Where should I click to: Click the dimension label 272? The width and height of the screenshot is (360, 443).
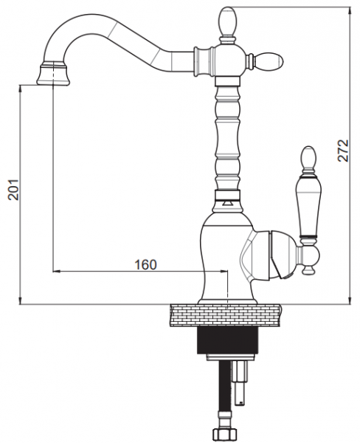343,151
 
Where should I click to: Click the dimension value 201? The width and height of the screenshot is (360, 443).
13,190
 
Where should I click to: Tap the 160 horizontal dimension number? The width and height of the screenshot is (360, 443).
145,265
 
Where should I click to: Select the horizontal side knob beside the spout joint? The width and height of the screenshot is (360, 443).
269,61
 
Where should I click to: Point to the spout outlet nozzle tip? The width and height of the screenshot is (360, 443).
53,75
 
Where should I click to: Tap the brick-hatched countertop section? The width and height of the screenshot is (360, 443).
226,315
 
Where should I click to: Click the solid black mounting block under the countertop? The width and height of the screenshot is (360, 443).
228,341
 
